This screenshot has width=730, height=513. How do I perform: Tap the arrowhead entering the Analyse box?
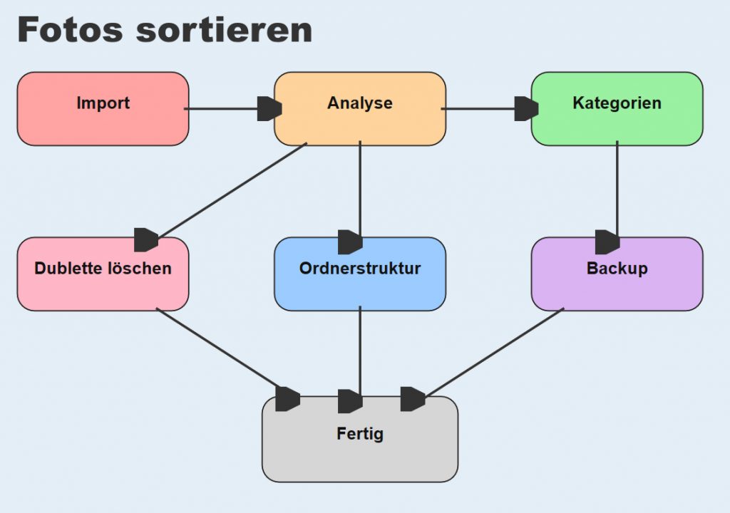pyautogui.click(x=269, y=109)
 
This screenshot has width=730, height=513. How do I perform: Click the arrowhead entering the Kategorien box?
pyautogui.click(x=526, y=109)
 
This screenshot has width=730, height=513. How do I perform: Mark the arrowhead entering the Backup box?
pyautogui.click(x=607, y=242)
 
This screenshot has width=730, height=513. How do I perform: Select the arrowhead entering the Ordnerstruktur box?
pyautogui.click(x=350, y=242)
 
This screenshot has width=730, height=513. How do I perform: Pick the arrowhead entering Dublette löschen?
pyautogui.click(x=146, y=240)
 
